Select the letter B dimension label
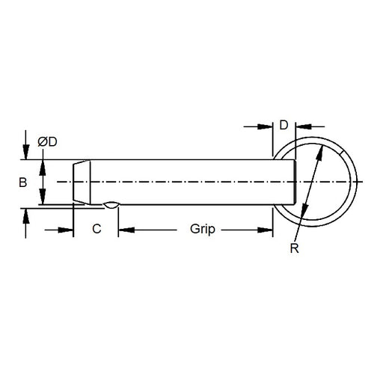[x=22, y=183]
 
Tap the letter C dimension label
[x=96, y=230]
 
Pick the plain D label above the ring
[x=283, y=125]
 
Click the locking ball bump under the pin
[x=111, y=204]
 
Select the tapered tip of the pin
[x=82, y=182]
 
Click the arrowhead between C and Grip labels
[x=123, y=230]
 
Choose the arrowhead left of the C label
[x=68, y=230]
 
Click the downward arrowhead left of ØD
[x=26, y=153]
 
